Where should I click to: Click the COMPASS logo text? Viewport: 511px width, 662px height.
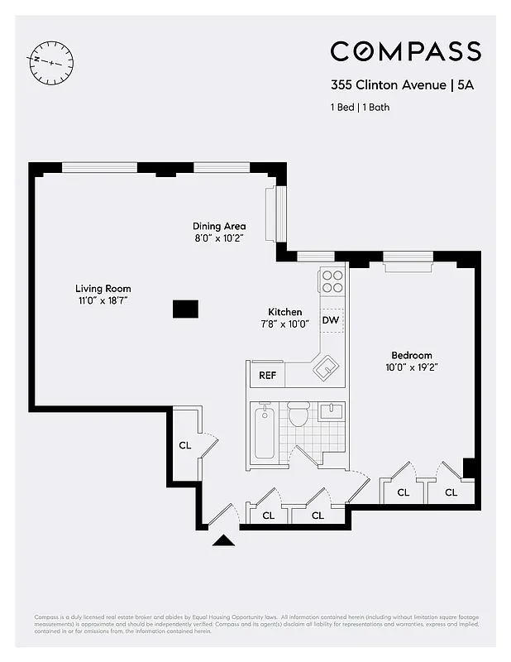[405, 51]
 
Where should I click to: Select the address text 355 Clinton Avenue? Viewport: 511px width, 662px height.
[380, 84]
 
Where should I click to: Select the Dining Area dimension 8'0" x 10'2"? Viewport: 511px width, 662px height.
[219, 238]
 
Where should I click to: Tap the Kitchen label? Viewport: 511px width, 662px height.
[284, 312]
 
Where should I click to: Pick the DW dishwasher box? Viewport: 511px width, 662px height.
[331, 320]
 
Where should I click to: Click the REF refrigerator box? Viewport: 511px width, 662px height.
[267, 375]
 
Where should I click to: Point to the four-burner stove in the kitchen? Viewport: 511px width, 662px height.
[332, 281]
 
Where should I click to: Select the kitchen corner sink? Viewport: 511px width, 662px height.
[326, 367]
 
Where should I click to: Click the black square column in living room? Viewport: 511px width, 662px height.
[185, 309]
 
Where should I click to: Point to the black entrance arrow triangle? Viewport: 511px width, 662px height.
[224, 540]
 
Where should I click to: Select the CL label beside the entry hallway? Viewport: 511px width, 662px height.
[185, 445]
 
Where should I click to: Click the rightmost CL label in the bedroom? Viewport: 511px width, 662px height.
[451, 492]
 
